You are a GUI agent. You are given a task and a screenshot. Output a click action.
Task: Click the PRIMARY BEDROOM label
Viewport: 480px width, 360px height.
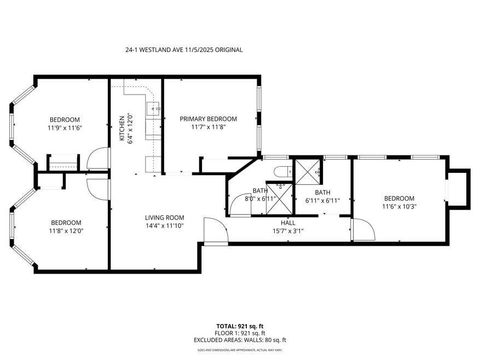(208, 119)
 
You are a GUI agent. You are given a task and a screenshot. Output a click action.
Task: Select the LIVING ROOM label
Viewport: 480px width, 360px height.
(164, 217)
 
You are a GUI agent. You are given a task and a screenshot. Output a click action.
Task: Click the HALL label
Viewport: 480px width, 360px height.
(288, 223)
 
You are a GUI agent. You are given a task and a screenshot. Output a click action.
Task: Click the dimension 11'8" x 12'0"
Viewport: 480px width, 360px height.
(66, 230)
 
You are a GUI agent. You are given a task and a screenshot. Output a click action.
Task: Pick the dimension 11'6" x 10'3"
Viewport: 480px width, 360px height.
(399, 206)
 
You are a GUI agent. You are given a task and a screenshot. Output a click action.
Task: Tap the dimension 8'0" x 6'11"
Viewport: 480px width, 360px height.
(260, 199)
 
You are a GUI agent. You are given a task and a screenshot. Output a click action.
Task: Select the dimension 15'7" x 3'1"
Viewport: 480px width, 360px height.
(288, 230)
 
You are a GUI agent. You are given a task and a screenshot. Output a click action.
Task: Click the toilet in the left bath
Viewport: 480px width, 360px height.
(283, 171)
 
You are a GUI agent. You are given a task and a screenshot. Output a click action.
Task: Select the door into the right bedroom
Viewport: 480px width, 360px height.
(362, 230)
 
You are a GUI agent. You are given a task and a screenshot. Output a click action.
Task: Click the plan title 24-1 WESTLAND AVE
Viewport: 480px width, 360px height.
(183, 50)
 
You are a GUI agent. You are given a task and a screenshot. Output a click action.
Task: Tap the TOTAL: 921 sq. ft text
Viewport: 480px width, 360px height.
(239, 326)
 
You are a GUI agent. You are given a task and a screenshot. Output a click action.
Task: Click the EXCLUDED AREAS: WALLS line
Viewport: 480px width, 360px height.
(239, 340)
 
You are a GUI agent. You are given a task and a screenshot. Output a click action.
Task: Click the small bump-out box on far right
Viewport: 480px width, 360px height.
(459, 188)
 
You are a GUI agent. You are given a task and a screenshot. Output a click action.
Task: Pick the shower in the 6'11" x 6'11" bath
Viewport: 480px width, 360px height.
(308, 171)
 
